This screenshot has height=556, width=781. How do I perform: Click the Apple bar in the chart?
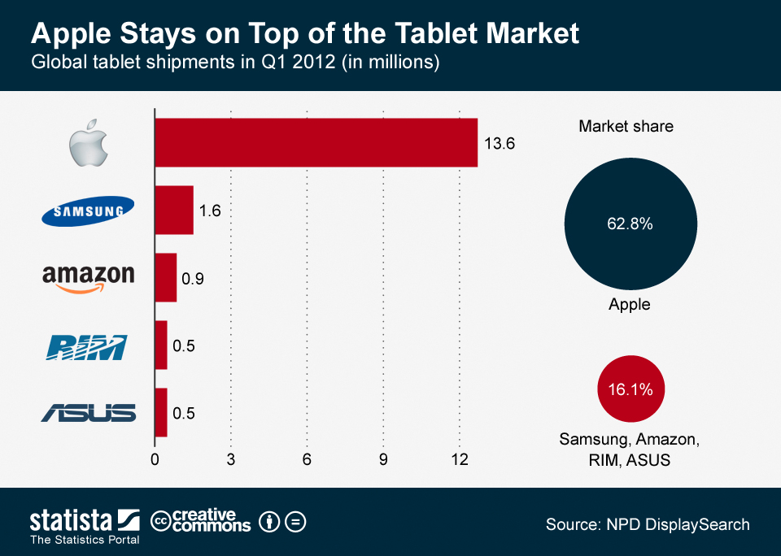[316, 142]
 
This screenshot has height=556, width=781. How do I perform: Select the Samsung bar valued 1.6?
[174, 210]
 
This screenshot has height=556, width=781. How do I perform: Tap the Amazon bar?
[165, 277]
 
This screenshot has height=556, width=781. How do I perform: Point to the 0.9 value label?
[193, 279]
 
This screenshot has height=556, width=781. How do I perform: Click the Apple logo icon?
[88, 142]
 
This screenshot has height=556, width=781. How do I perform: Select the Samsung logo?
[88, 211]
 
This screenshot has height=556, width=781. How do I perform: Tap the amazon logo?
[88, 277]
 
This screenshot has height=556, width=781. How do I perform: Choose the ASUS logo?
[89, 413]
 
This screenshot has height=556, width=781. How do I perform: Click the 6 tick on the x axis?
[307, 459]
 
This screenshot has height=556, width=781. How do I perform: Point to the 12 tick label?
[460, 459]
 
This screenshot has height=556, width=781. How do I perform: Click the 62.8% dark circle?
[630, 224]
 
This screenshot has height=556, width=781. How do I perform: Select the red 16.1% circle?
[630, 389]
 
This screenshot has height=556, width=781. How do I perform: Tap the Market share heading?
[626, 126]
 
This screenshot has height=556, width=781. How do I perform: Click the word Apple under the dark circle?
[630, 304]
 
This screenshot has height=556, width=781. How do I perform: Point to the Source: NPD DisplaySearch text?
[648, 524]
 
